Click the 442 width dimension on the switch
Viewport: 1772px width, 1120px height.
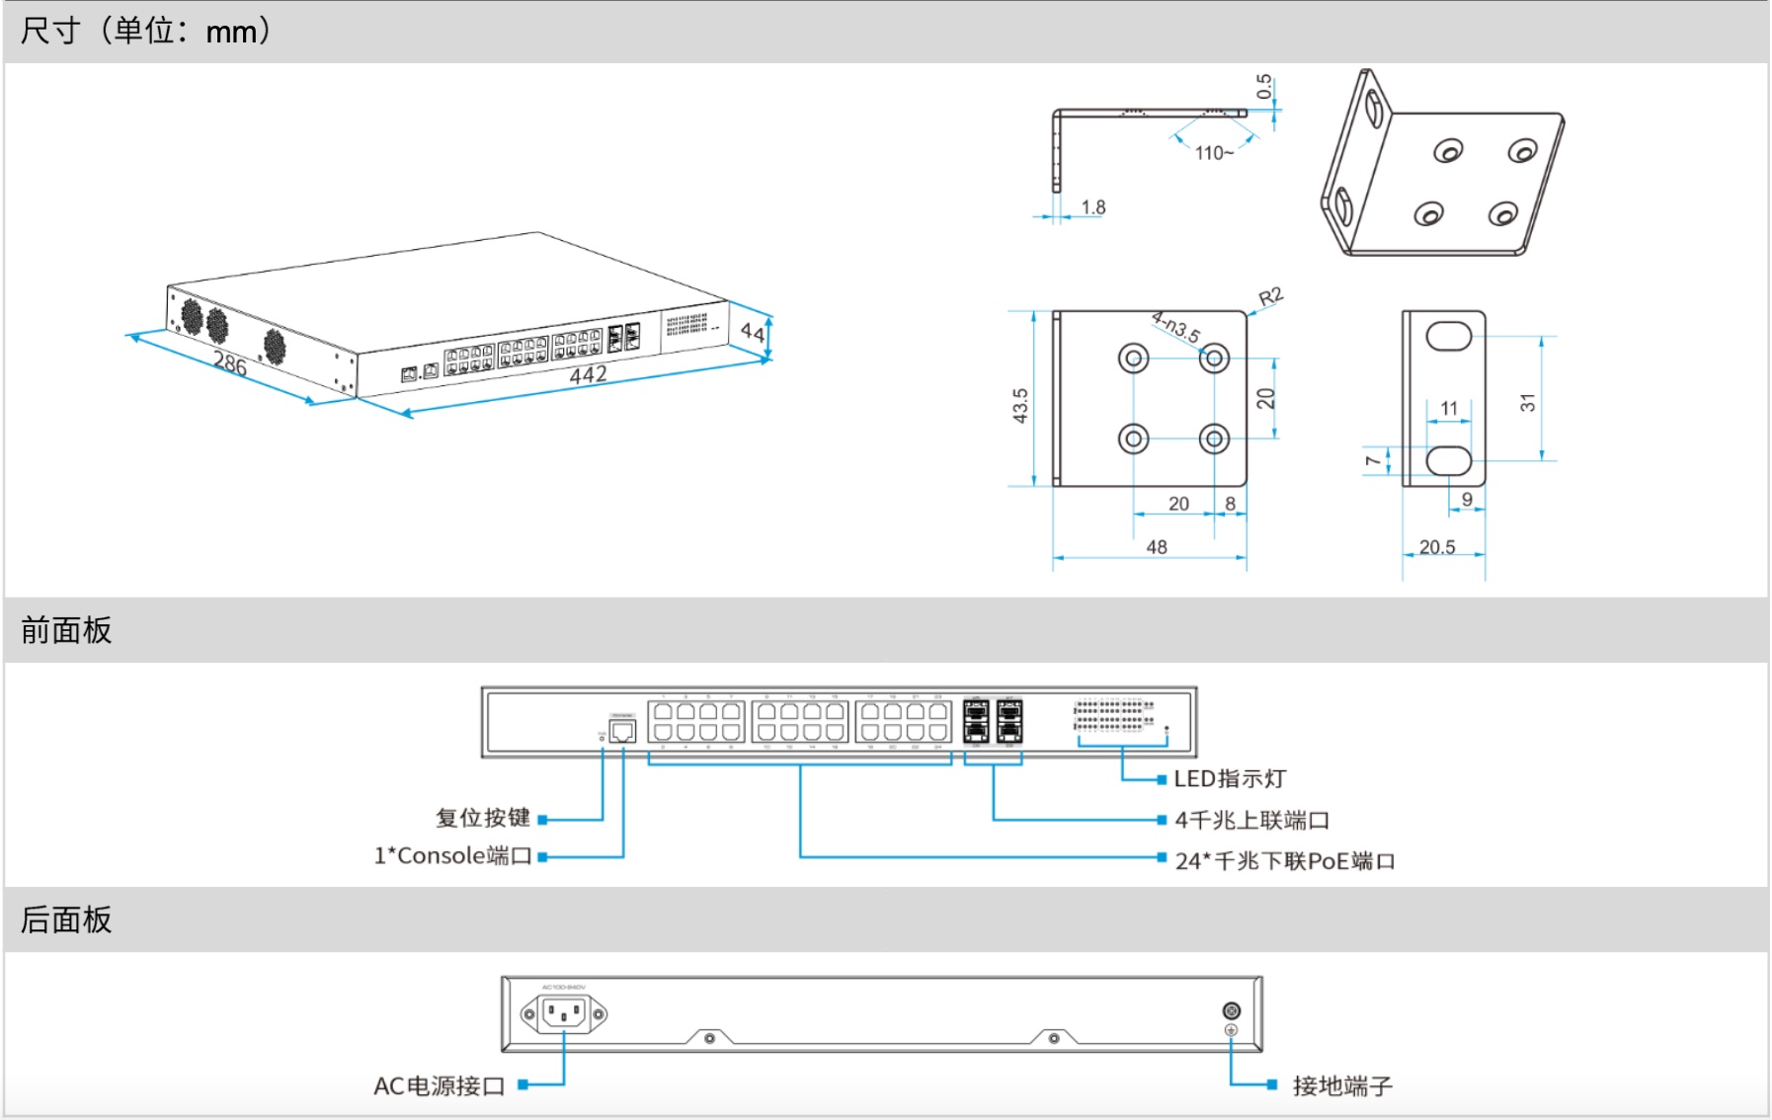click(588, 375)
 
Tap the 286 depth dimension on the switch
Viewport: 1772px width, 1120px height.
click(230, 363)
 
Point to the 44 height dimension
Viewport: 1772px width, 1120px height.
click(753, 332)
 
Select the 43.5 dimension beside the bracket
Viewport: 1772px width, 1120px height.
click(1020, 405)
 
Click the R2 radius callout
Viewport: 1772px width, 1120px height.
click(1270, 297)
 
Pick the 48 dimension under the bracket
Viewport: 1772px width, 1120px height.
click(1157, 547)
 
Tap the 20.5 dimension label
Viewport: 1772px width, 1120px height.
click(1437, 547)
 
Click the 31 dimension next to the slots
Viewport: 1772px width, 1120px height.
click(1528, 402)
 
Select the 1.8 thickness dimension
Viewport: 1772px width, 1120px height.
click(1093, 207)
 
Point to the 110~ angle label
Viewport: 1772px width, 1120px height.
click(1214, 153)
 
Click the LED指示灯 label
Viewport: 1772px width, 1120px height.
click(1230, 779)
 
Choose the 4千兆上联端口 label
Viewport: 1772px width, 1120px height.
click(1251, 820)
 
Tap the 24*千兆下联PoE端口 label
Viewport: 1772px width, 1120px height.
click(1285, 861)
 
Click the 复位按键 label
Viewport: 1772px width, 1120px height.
click(483, 818)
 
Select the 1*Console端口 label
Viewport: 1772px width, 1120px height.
click(452, 856)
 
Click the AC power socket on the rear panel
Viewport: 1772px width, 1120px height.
click(564, 1013)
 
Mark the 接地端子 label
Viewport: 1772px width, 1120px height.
click(1342, 1086)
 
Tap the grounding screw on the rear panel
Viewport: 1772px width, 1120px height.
click(1232, 1010)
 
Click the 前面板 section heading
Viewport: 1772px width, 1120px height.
click(66, 630)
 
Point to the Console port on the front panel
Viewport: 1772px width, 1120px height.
click(622, 731)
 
